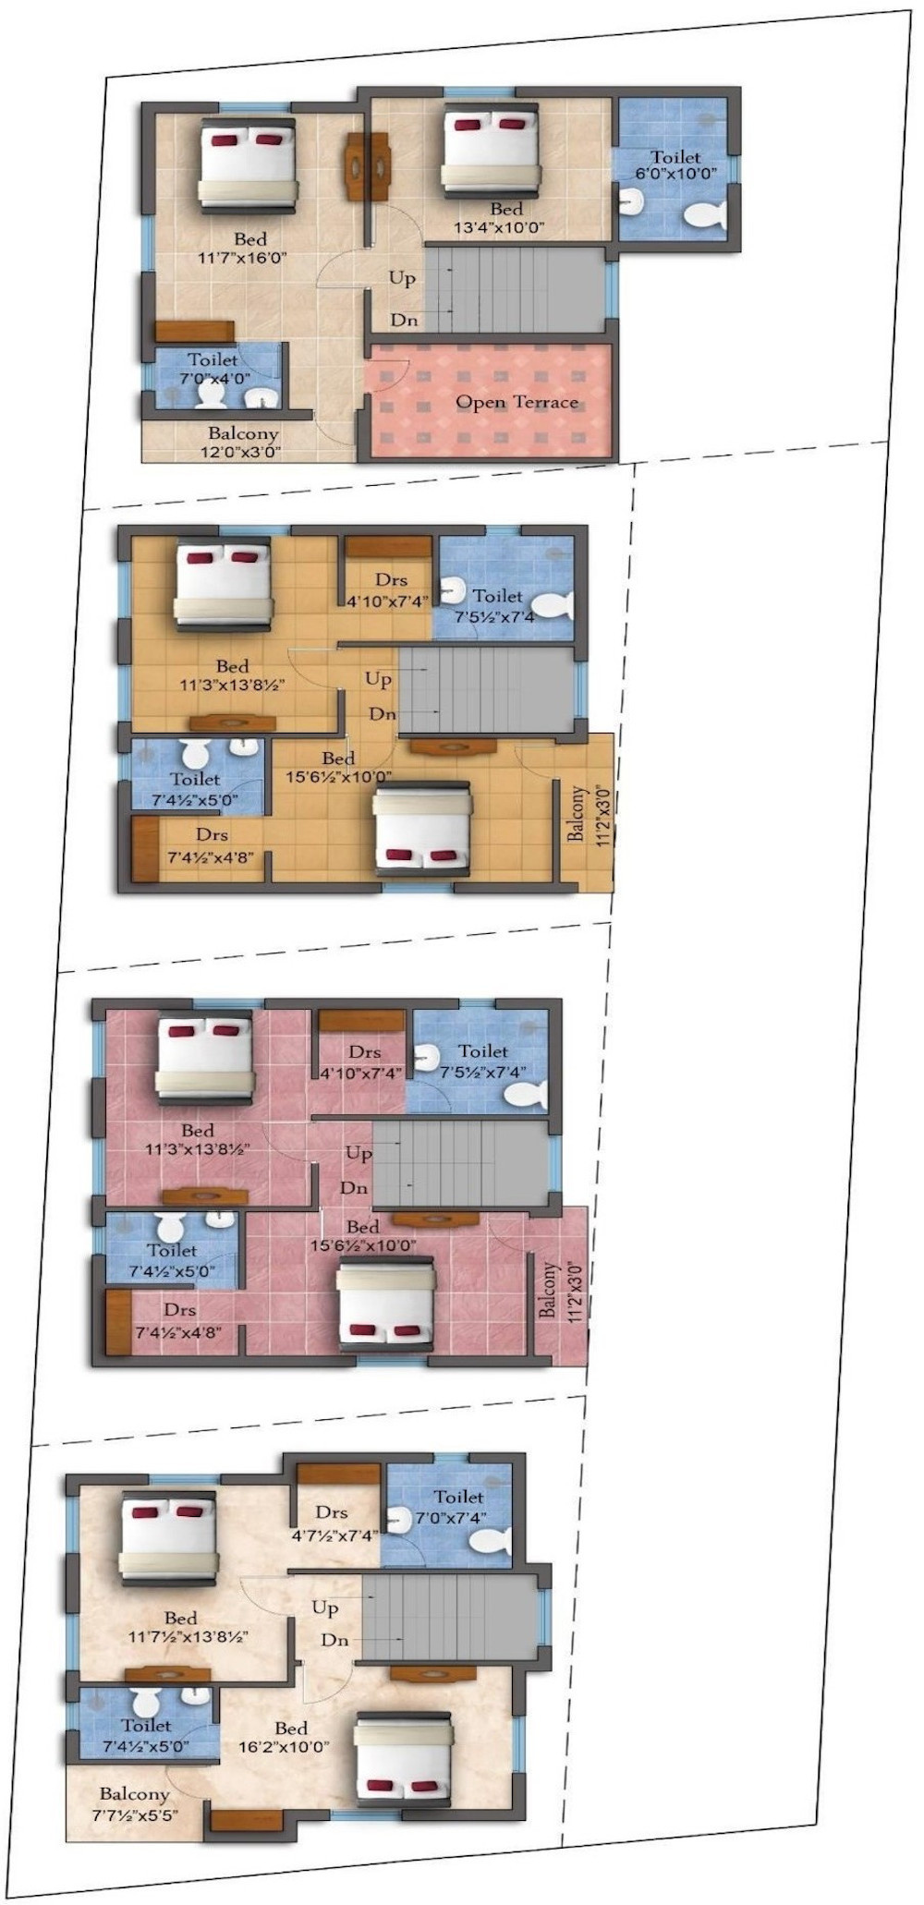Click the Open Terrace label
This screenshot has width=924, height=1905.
pos(517,402)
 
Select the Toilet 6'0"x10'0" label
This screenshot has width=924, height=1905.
pos(675,164)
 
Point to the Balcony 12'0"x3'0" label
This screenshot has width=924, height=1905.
pos(242,443)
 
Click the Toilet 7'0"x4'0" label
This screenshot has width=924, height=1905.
pos(213,369)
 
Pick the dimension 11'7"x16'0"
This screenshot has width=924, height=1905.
pos(243,258)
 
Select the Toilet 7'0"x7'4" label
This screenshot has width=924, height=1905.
pos(458,1507)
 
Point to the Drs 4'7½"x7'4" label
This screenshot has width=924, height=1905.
pos(331,1523)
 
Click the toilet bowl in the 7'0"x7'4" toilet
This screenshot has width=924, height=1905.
pos(489,1541)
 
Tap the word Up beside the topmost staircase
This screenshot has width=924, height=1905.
pos(401,277)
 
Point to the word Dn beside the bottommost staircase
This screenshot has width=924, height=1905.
pos(334,1640)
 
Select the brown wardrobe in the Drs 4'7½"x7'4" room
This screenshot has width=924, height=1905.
pos(337,1475)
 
